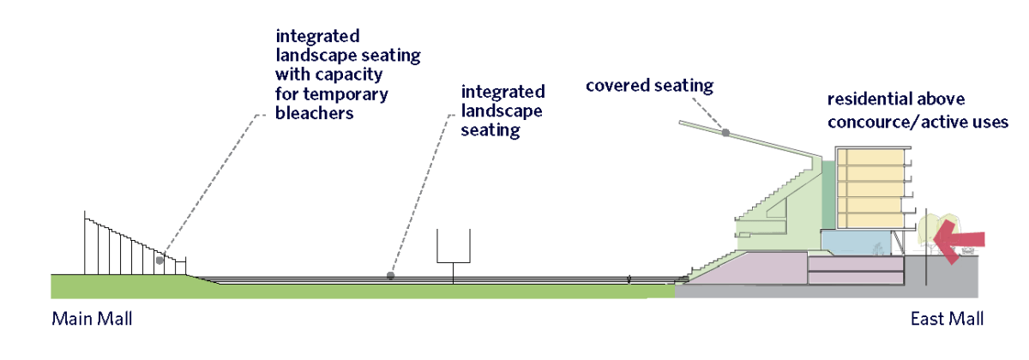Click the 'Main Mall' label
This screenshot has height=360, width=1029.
tap(92, 320)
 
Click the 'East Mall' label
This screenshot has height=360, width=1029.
tap(947, 320)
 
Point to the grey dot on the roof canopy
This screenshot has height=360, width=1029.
tap(725, 133)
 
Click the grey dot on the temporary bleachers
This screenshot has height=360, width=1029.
tap(159, 259)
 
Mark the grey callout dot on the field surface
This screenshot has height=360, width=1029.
tap(390, 276)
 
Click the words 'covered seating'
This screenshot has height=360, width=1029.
tap(649, 86)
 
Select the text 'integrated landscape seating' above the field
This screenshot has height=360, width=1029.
tap(502, 111)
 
